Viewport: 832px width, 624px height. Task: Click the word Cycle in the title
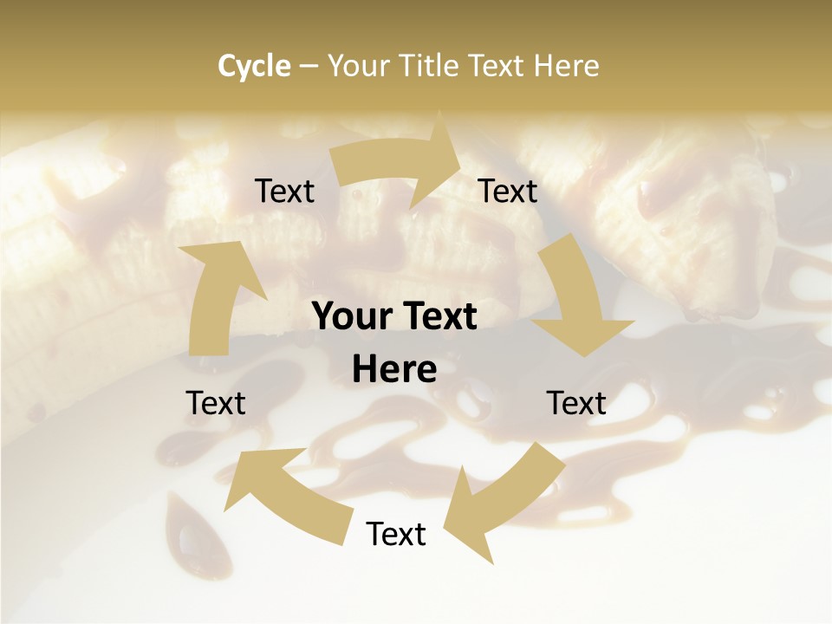pos(254,66)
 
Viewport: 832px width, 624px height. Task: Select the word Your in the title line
pos(355,66)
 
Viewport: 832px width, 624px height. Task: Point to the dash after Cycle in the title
pos(308,67)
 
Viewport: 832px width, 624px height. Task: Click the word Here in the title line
pos(567,66)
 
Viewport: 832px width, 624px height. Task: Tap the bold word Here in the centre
pos(394,370)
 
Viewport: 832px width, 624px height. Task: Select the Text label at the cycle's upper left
pos(284,192)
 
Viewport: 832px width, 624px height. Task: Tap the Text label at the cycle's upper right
pos(508,192)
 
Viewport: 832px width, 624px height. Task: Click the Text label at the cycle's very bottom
pos(396,534)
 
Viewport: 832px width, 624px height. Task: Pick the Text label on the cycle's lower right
pos(576,403)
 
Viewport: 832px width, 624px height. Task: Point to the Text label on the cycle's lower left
pos(216,403)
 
